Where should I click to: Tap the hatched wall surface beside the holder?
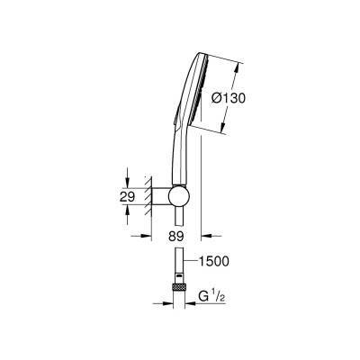(x=151, y=194)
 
